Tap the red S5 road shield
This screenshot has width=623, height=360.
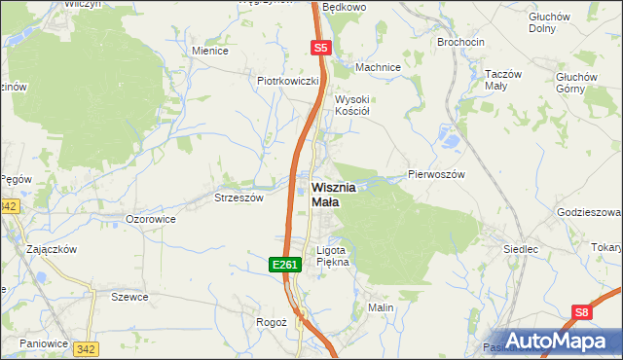pyautogui.click(x=322, y=47)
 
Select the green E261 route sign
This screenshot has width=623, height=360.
pyautogui.click(x=283, y=264)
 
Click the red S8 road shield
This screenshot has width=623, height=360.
pyautogui.click(x=581, y=312)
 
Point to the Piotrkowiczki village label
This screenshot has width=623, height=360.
pyautogui.click(x=289, y=81)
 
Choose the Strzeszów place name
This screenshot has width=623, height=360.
pyautogui.click(x=238, y=198)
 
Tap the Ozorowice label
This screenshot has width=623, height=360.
pyautogui.click(x=151, y=220)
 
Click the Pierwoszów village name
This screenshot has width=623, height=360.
pyautogui.click(x=437, y=174)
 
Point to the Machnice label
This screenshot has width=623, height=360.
pyautogui.click(x=378, y=67)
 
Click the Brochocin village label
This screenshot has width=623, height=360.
pyautogui.click(x=462, y=43)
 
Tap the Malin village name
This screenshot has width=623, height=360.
pyautogui.click(x=380, y=307)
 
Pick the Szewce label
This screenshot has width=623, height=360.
pyautogui.click(x=128, y=297)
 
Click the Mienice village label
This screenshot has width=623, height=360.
pyautogui.click(x=210, y=51)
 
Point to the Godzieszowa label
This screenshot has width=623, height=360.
pyautogui.click(x=590, y=212)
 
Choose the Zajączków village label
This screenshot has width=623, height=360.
pyautogui.click(x=53, y=249)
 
